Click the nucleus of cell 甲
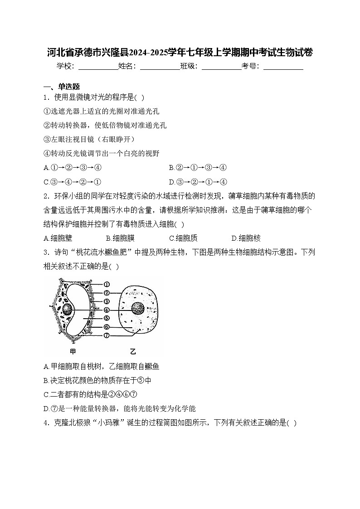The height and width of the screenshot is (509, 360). click(68, 310)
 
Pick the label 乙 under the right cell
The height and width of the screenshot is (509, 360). click(133, 351)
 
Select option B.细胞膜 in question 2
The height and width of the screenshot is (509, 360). click(120, 238)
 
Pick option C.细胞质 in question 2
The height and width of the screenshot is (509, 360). click(183, 238)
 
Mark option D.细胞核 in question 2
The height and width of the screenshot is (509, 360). click(246, 238)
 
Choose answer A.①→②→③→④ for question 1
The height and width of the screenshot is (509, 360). click(73, 168)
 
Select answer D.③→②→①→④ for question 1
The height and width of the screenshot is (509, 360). click(198, 182)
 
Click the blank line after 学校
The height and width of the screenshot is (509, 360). click(98, 67)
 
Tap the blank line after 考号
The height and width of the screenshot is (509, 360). click(283, 67)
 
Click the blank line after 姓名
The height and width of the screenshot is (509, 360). click(160, 67)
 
